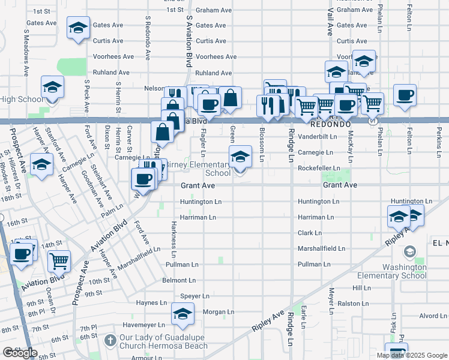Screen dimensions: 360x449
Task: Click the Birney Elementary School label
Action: [x=198, y=169]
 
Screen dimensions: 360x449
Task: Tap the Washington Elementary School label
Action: [x=399, y=271]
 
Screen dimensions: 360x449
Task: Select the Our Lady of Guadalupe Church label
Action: [x=163, y=341]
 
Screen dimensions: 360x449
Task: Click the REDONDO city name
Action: [x=330, y=124]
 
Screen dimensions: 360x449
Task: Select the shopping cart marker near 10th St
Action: [x=59, y=261]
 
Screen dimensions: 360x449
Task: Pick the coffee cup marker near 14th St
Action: [x=21, y=253]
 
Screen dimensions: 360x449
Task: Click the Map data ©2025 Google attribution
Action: [x=412, y=355]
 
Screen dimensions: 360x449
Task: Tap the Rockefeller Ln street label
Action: [x=319, y=169]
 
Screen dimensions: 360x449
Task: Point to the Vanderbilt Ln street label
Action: [x=318, y=137]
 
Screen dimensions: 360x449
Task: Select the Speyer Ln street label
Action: [x=194, y=296]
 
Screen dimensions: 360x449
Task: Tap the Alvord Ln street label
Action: [x=433, y=316]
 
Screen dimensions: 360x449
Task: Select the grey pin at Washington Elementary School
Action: [x=410, y=251]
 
